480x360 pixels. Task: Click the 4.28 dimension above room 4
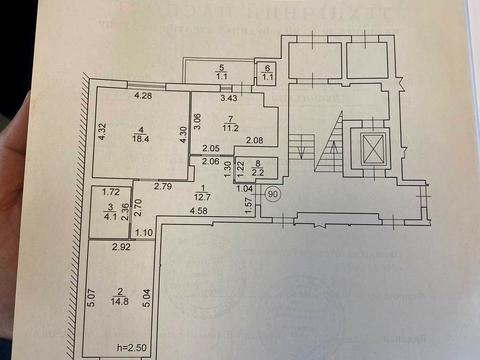143,97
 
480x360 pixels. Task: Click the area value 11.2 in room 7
229,128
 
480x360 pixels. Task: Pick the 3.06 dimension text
198,124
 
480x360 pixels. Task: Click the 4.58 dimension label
198,210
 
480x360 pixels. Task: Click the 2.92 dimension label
121,246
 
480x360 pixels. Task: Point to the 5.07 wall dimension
91,300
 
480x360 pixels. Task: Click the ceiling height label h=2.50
130,348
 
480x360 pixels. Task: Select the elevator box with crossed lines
372,151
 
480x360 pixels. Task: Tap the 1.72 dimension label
111,190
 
